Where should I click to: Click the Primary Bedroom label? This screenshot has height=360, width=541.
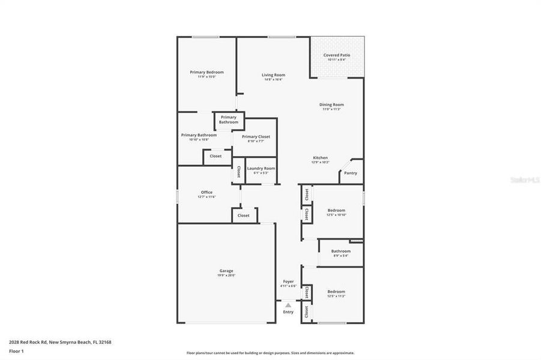pyautogui.click(x=207, y=72)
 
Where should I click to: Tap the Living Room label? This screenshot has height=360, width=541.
pyautogui.click(x=273, y=75)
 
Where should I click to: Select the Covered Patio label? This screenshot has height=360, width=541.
pyautogui.click(x=336, y=55)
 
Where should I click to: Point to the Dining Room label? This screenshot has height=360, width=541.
pyautogui.click(x=331, y=104)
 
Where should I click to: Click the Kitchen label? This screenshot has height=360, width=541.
pyautogui.click(x=319, y=158)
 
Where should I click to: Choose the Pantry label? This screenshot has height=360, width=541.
pyautogui.click(x=351, y=173)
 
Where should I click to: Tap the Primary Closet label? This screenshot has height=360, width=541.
pyautogui.click(x=256, y=137)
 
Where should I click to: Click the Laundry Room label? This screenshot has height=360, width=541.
pyautogui.click(x=261, y=168)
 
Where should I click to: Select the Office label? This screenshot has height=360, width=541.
pyautogui.click(x=207, y=193)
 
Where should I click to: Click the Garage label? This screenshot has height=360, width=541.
pyautogui.click(x=226, y=271)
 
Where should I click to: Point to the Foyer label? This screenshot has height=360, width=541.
pyautogui.click(x=288, y=281)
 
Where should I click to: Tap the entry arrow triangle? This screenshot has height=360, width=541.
pyautogui.click(x=288, y=305)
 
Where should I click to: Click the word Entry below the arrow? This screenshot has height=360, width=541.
pyautogui.click(x=288, y=312)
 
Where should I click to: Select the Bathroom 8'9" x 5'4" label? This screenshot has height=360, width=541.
pyautogui.click(x=340, y=251)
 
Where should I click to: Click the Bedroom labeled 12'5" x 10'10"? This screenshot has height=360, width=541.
pyautogui.click(x=336, y=211)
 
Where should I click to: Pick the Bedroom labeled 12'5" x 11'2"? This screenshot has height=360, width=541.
pyautogui.click(x=336, y=292)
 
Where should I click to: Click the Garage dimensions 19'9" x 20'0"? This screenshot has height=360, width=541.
pyautogui.click(x=226, y=275)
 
